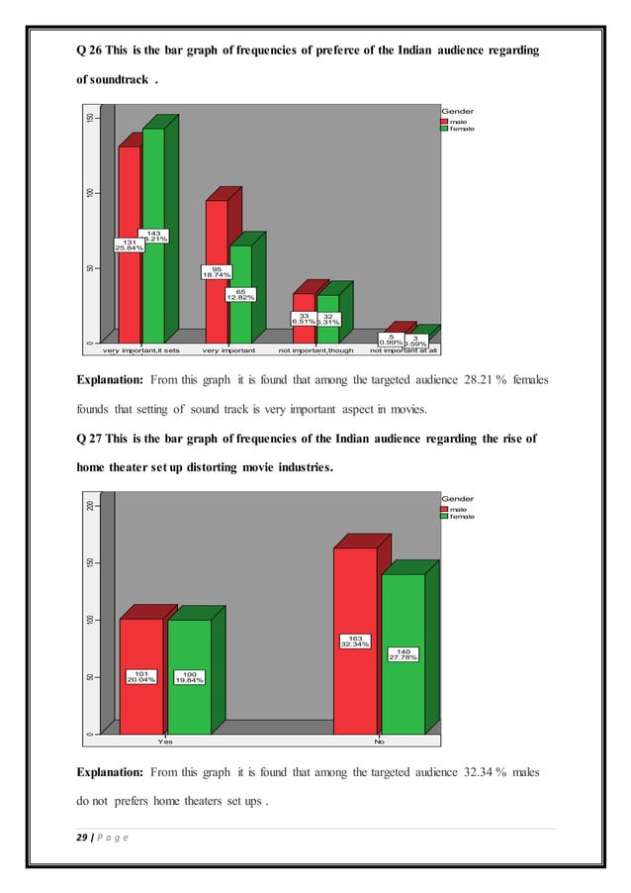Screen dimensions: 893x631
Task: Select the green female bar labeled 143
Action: pos(153,287)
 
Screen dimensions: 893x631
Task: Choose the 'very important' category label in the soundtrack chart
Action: pos(229,349)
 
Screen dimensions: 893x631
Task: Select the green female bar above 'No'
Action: pos(403,693)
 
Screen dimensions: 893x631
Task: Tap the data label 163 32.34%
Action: pos(355,641)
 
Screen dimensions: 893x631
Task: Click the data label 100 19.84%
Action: pos(189,677)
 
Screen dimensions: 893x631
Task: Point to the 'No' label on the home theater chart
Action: pos(379,740)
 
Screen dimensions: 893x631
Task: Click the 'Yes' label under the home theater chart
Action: pos(165,740)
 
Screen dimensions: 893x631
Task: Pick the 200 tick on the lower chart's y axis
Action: pos(89,506)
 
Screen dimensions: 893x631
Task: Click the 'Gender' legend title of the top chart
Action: pos(458,112)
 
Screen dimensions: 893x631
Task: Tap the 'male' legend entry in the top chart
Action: pos(458,122)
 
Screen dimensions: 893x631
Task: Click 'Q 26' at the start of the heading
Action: pos(91,50)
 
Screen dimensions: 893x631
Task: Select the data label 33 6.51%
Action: pos(304,319)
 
